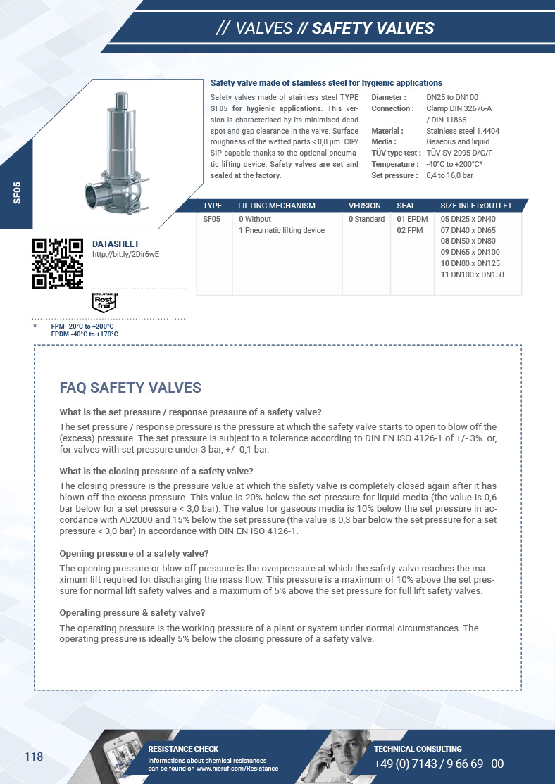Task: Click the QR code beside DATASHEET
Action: pyautogui.click(x=58, y=264)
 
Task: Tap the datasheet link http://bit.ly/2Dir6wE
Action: pyautogui.click(x=126, y=254)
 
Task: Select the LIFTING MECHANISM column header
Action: pyautogui.click(x=277, y=206)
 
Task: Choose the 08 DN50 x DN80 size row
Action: pyautogui.click(x=468, y=241)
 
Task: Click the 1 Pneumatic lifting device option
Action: pyautogui.click(x=282, y=230)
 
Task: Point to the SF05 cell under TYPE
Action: pyautogui.click(x=212, y=219)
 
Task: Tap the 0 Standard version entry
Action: pyautogui.click(x=366, y=219)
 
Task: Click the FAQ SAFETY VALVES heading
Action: pyautogui.click(x=130, y=388)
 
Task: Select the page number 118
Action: pyautogui.click(x=34, y=757)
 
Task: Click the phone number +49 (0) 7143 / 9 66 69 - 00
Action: pyautogui.click(x=438, y=764)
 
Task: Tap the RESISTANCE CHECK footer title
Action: pyautogui.click(x=183, y=749)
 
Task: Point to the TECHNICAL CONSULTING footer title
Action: pyautogui.click(x=418, y=749)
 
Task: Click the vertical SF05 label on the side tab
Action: pyautogui.click(x=17, y=192)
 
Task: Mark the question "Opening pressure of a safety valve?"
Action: pyautogui.click(x=134, y=553)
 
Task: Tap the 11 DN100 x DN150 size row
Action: pyautogui.click(x=472, y=274)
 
